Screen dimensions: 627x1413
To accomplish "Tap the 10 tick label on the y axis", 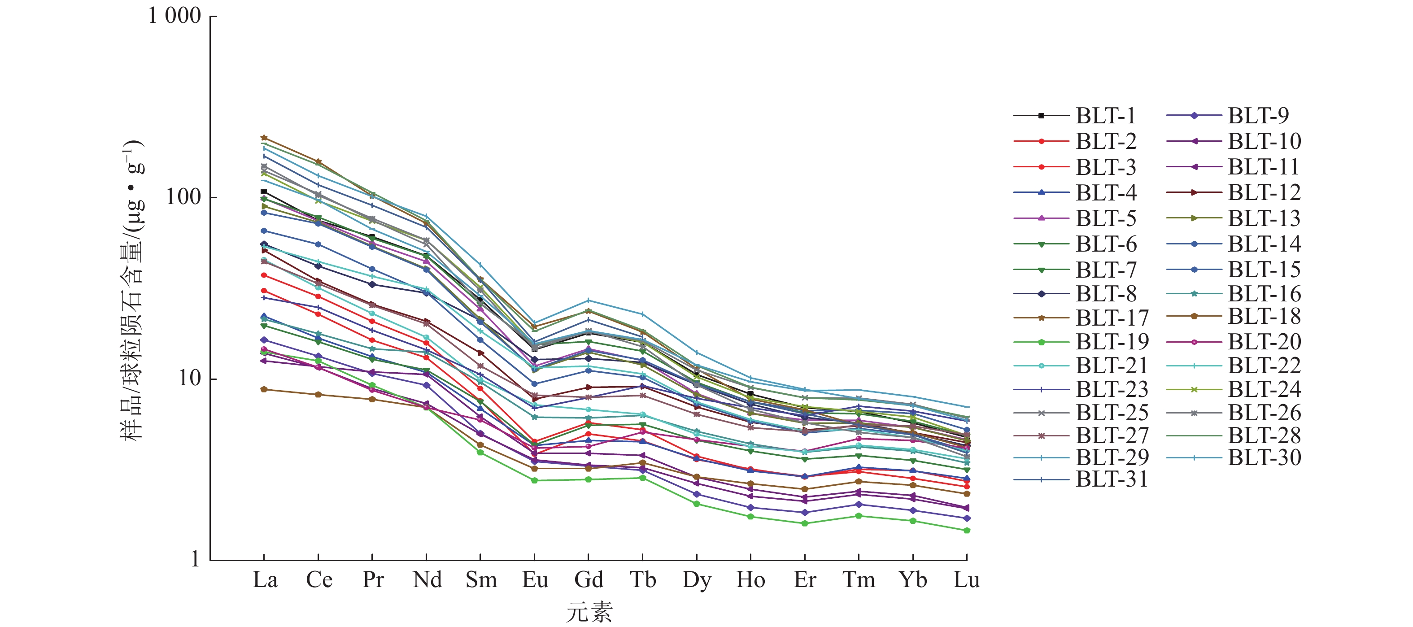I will click(190, 378).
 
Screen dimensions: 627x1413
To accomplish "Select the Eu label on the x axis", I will click(535, 580).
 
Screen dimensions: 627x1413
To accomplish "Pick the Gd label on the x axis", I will click(589, 580).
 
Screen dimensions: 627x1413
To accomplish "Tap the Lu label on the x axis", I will click(967, 580).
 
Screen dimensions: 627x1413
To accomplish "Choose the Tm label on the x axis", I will click(859, 580).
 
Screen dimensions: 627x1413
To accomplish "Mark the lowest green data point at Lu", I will click(967, 531).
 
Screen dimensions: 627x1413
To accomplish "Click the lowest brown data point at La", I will click(264, 389).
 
